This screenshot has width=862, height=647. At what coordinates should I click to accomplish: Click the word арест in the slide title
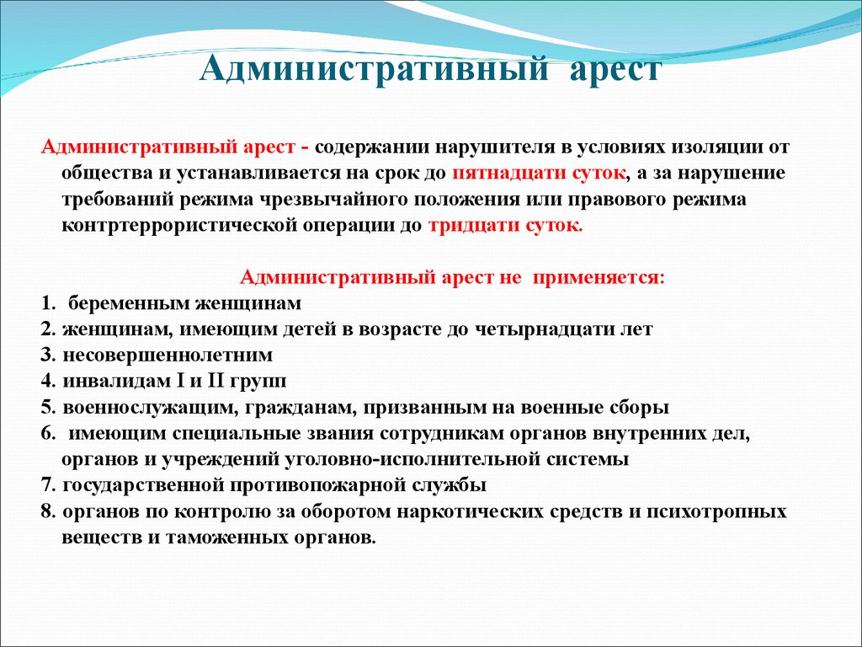[615, 71]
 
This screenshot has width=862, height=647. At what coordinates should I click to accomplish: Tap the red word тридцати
[475, 226]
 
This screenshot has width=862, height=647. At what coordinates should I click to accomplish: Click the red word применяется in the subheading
[599, 277]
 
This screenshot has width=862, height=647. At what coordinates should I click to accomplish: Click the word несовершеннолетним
[168, 356]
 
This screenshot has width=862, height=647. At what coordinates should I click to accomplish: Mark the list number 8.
[48, 511]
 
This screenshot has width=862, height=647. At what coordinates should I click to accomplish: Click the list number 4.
[48, 382]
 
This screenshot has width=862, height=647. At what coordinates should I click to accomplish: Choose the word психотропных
[716, 512]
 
